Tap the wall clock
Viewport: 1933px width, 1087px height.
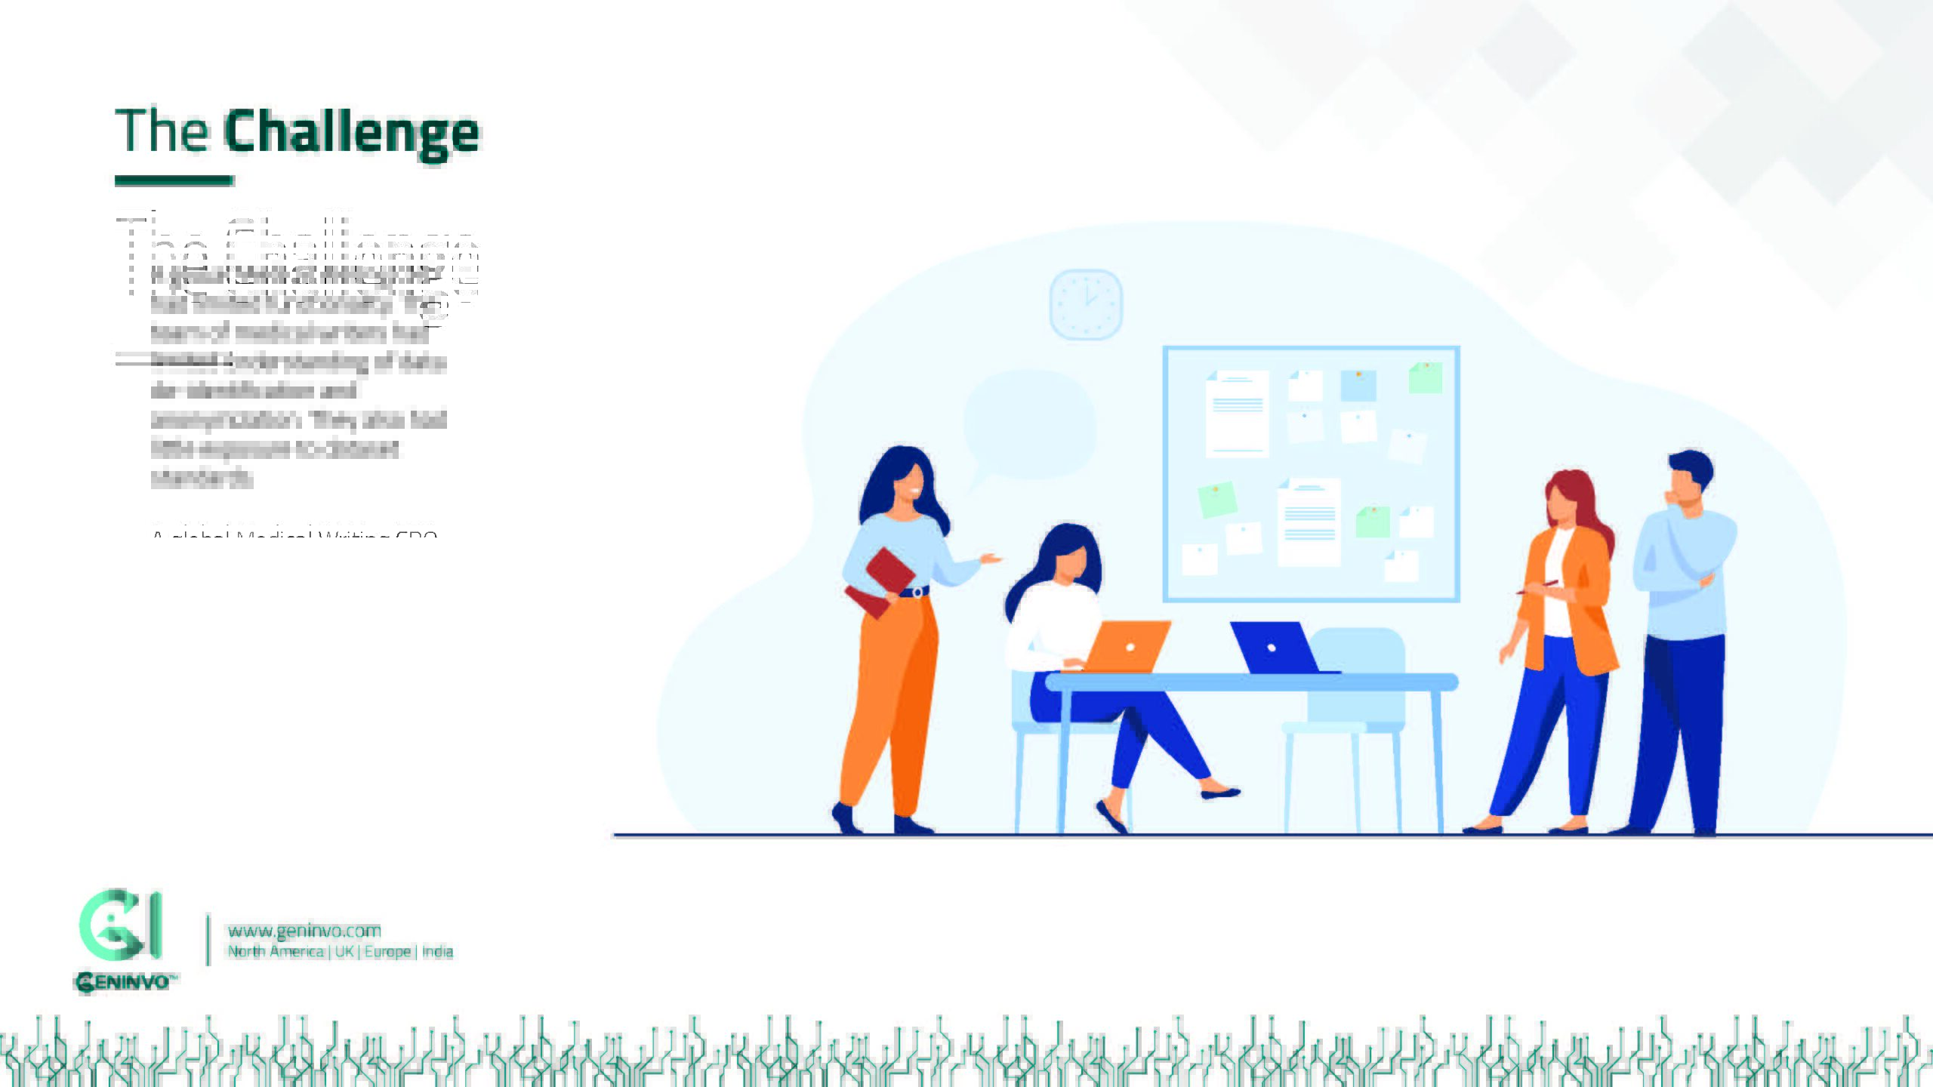coord(1086,303)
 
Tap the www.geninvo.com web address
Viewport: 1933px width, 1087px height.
coord(304,930)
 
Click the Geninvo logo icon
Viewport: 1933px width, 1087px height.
coord(121,924)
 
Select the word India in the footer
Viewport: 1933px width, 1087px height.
coord(437,951)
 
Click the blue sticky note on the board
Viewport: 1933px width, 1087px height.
coord(1358,385)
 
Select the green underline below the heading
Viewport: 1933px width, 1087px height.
coord(174,180)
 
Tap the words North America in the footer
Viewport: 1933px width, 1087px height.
coord(276,951)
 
